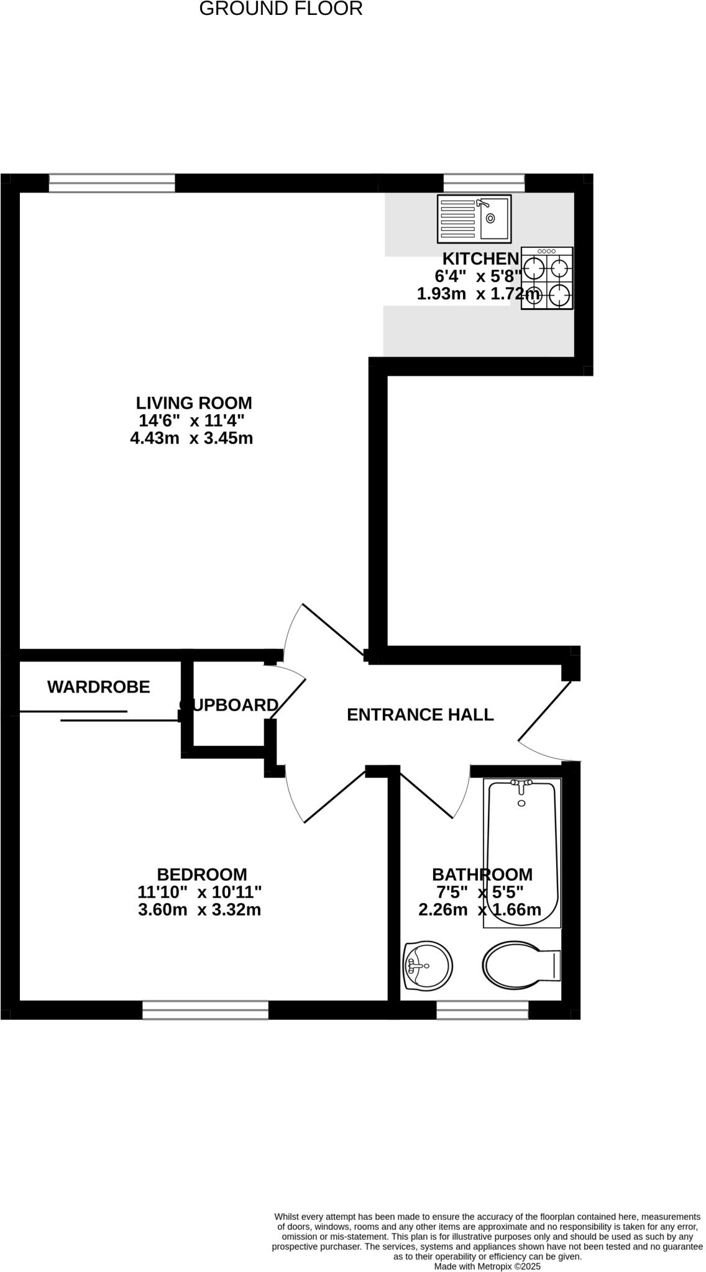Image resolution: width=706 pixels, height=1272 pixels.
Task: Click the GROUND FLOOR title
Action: coord(280,9)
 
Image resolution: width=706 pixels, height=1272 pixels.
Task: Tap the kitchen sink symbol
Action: coord(474,218)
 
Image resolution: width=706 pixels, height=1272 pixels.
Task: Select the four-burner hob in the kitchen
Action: coord(547,278)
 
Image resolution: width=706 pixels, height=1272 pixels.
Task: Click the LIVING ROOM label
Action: coord(194,402)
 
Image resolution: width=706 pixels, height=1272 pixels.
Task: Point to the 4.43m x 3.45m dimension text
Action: coord(191,438)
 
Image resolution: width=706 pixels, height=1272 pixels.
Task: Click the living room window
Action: coord(112,183)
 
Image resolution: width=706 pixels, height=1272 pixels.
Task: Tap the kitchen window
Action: coord(484,183)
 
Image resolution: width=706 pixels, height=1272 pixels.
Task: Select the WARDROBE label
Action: coord(99,687)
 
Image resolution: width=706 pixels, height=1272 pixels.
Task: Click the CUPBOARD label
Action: coord(229,705)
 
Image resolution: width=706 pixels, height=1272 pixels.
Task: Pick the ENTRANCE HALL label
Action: coord(420,715)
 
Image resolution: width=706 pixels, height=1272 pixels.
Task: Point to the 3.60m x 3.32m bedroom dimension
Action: coord(199,911)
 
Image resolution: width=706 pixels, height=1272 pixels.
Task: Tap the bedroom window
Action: coord(205,1010)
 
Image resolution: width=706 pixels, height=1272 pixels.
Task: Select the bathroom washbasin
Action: coord(427,966)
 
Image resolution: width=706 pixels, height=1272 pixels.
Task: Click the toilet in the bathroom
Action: coord(521,966)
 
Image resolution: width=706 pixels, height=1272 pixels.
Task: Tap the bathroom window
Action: coord(482,1010)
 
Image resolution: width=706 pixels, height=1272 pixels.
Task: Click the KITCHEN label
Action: coord(480,258)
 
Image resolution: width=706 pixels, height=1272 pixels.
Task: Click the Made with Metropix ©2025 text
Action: coord(487,1266)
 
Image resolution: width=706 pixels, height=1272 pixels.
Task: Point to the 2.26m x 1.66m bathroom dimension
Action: coord(480,911)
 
